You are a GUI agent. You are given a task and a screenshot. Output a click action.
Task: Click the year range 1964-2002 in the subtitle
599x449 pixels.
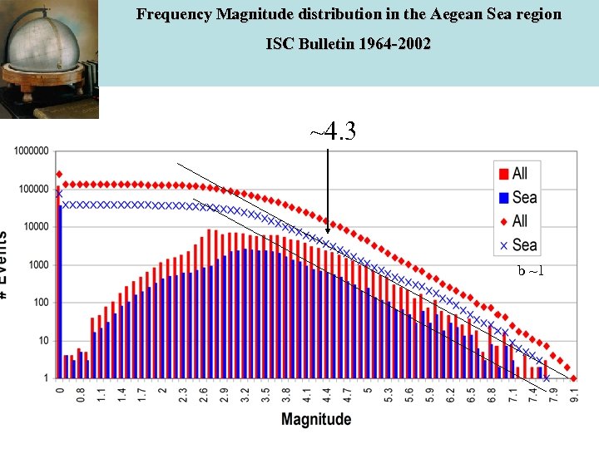click(x=390, y=43)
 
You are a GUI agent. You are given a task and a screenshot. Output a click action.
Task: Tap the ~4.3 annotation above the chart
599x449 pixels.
click(x=333, y=131)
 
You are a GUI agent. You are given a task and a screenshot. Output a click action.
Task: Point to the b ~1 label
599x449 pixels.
click(x=530, y=271)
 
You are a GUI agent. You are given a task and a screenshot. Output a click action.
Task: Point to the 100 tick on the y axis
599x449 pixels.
click(x=42, y=303)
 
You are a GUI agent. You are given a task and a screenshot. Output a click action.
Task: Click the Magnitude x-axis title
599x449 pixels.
click(x=316, y=419)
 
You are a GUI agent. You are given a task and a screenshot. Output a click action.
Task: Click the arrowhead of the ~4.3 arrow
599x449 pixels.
click(x=328, y=229)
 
